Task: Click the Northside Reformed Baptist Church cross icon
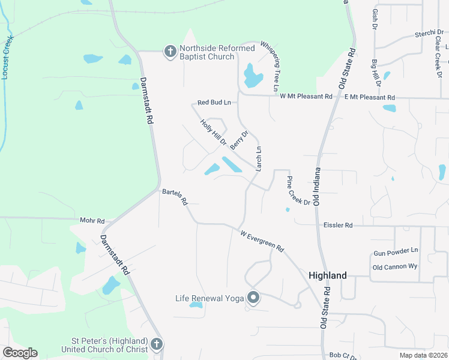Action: (170, 51)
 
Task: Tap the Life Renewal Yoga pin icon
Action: (253, 298)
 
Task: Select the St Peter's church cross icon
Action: (156, 344)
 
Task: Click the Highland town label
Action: (327, 275)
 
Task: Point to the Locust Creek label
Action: (7, 57)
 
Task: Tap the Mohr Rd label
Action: (92, 221)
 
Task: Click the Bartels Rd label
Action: (175, 197)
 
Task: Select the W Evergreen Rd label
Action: (262, 241)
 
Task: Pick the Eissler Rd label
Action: (337, 226)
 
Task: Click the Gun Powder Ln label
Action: (396, 250)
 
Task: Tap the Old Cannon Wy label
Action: (395, 267)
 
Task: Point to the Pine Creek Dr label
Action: (298, 191)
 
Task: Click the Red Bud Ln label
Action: (214, 103)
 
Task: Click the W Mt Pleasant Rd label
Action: (306, 96)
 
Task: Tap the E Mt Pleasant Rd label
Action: (370, 97)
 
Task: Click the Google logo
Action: (20, 353)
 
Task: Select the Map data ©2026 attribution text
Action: (423, 355)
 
